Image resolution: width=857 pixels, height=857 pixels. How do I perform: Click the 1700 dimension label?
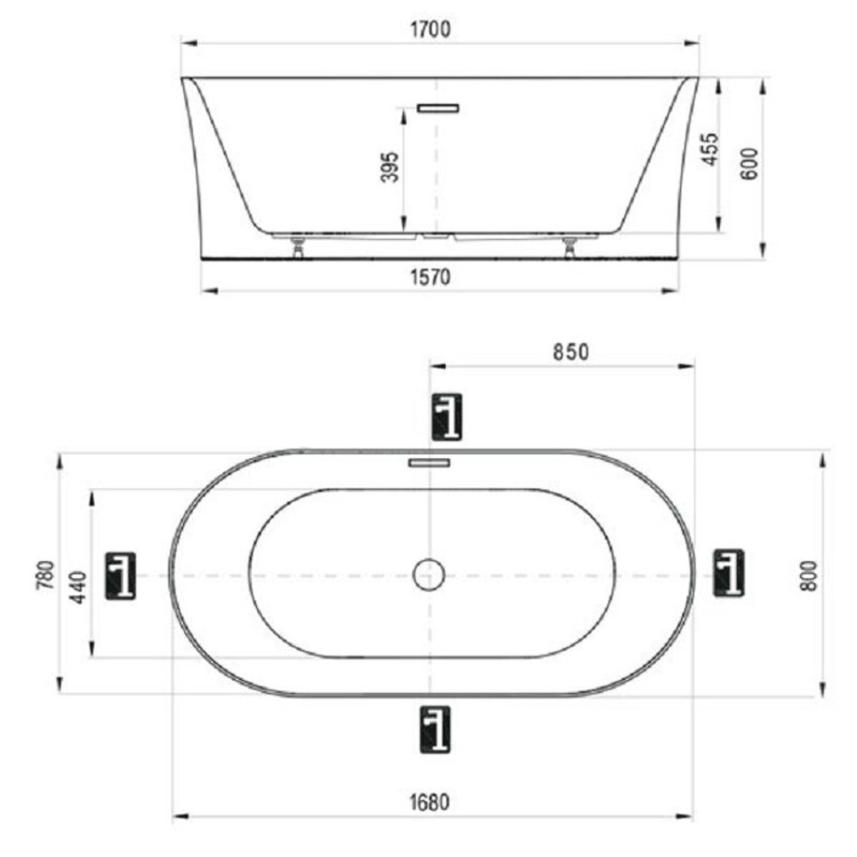(430, 29)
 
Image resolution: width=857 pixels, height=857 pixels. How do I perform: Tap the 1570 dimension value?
(430, 277)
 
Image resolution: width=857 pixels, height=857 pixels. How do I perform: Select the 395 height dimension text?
(390, 167)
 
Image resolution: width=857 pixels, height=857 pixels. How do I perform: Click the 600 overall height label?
(750, 163)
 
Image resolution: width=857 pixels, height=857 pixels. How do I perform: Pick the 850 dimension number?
(571, 352)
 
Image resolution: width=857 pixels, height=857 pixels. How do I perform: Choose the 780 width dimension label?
(45, 575)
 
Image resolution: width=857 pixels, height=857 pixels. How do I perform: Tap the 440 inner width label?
(79, 587)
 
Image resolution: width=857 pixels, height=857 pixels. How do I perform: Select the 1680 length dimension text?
(429, 802)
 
